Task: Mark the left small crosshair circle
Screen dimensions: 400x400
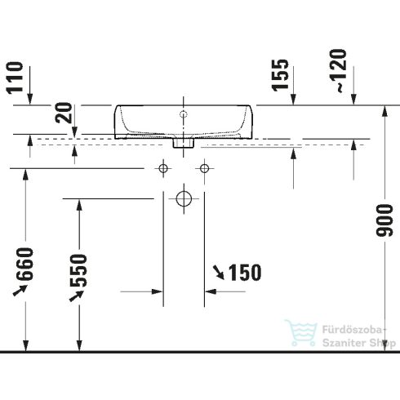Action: [x=163, y=169]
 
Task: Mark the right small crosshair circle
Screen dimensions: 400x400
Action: [x=203, y=169]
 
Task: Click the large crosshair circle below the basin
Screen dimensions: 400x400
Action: [x=183, y=198]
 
